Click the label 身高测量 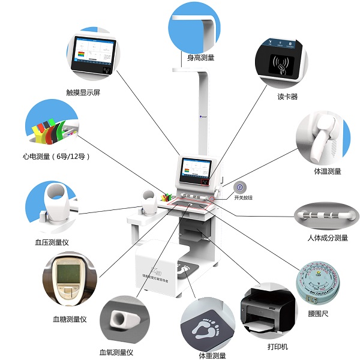(x=200, y=58)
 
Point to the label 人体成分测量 (x=327, y=238)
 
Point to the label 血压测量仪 (x=52, y=242)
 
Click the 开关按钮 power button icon (x=239, y=187)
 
